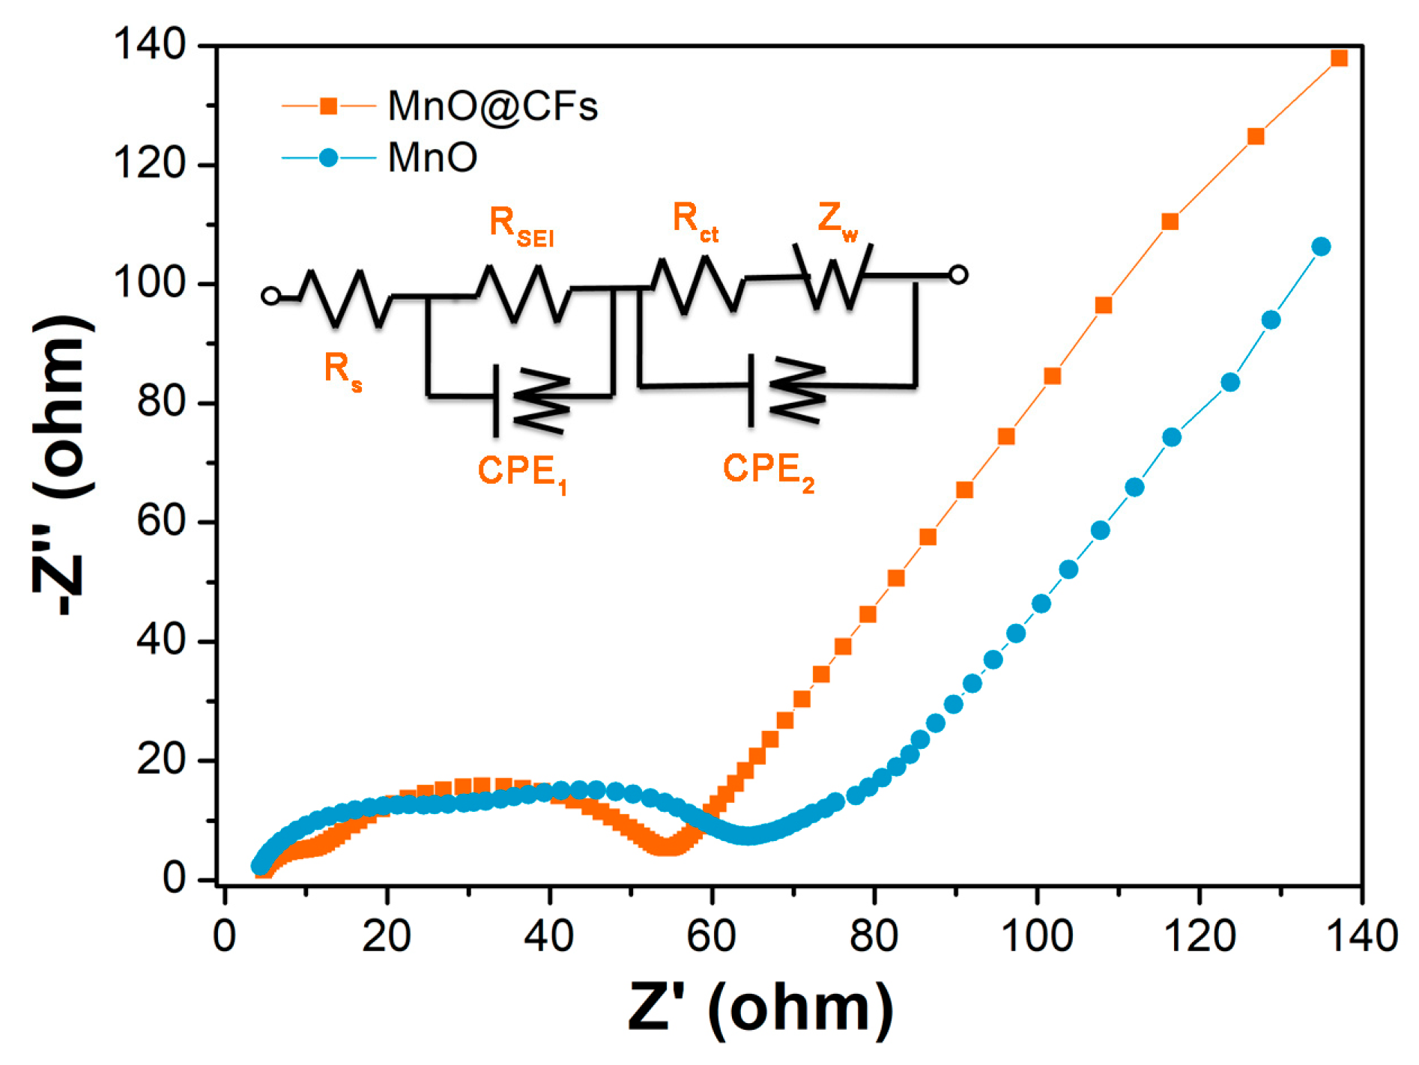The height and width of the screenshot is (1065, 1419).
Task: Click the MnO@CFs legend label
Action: pyautogui.click(x=492, y=106)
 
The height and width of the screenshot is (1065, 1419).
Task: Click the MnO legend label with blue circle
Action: pyautogui.click(x=432, y=158)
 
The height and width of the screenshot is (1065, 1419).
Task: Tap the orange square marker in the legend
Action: pyautogui.click(x=328, y=106)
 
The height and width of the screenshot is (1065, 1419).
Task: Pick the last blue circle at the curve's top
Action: pyautogui.click(x=1322, y=246)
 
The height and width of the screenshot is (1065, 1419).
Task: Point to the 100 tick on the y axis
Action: pyautogui.click(x=150, y=284)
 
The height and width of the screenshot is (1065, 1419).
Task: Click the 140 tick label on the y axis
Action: pyautogui.click(x=150, y=45)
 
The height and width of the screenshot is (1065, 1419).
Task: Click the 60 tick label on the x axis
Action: pyautogui.click(x=711, y=936)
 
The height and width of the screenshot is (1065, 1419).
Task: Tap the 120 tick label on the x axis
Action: pyautogui.click(x=1199, y=936)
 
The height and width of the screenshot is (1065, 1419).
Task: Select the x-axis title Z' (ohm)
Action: pyautogui.click(x=760, y=1007)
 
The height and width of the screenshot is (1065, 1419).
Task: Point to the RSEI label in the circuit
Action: pyautogui.click(x=521, y=225)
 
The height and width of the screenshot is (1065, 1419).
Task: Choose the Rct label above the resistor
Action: pyautogui.click(x=695, y=221)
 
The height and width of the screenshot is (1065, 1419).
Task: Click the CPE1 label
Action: pyautogui.click(x=521, y=473)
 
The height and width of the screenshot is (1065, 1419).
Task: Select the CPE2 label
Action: pyautogui.click(x=768, y=471)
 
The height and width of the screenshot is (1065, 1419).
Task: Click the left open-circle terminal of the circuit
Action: pyautogui.click(x=271, y=296)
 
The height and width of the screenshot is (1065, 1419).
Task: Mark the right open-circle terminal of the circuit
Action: pyautogui.click(x=958, y=275)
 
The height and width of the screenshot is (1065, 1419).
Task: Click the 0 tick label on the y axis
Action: pyautogui.click(x=174, y=879)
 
